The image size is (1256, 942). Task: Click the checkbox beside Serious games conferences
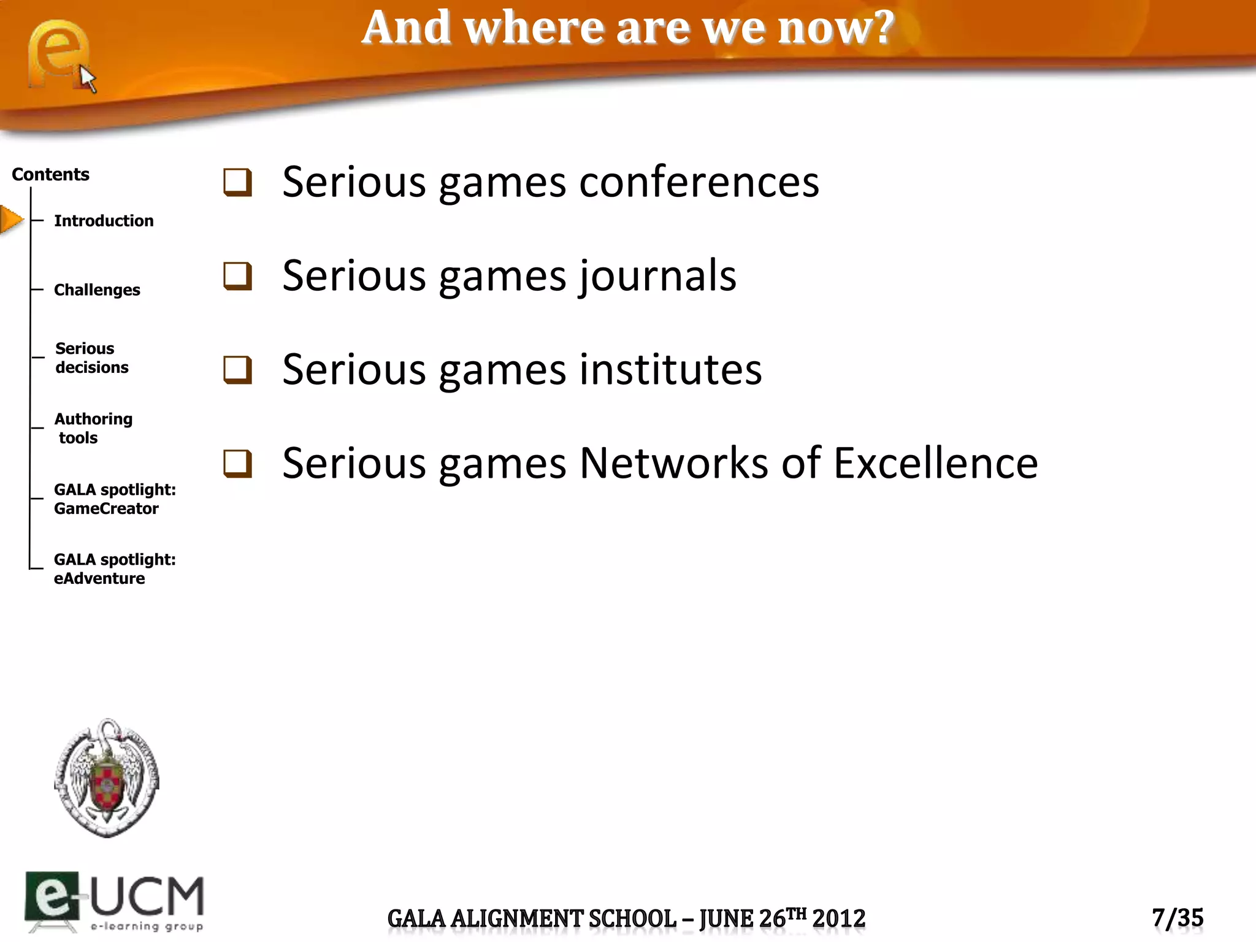click(x=237, y=183)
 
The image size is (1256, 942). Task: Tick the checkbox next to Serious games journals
click(x=237, y=276)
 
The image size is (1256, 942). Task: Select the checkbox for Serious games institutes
click(x=237, y=370)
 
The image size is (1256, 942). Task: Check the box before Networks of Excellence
click(x=237, y=464)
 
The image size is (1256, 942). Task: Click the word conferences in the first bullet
click(x=699, y=182)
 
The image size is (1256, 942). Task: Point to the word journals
click(x=657, y=276)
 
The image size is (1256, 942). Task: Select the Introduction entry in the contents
click(x=104, y=221)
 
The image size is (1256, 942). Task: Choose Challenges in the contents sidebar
click(x=97, y=290)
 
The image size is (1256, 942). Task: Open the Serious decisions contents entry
click(x=92, y=358)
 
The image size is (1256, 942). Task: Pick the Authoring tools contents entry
click(x=93, y=428)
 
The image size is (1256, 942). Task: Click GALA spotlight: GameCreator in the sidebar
click(x=115, y=499)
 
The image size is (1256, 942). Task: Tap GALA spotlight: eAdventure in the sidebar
click(x=115, y=569)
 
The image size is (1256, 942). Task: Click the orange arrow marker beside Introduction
click(x=11, y=220)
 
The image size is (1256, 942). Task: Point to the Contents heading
click(x=50, y=175)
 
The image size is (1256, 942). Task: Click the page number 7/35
click(x=1177, y=918)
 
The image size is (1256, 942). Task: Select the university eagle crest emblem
click(x=107, y=778)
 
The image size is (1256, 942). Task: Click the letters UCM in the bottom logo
click(x=147, y=896)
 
